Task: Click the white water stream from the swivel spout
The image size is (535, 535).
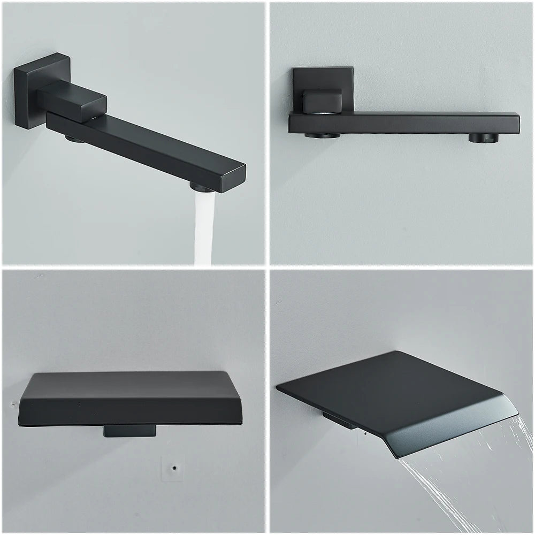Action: tap(204, 230)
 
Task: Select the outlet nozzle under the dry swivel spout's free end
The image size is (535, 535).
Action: tap(483, 138)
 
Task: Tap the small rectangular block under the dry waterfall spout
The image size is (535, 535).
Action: tap(130, 431)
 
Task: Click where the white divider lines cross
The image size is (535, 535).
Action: tap(266, 266)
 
